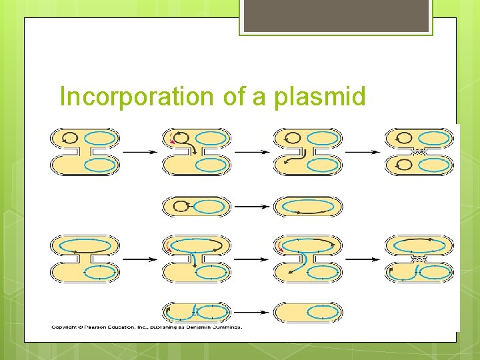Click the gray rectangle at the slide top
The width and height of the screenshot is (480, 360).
pyautogui.click(x=335, y=16)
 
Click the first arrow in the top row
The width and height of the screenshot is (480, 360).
pyautogui.click(x=140, y=152)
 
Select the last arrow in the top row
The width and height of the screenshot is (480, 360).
pyautogui.click(x=362, y=152)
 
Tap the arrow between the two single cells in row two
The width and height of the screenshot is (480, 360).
pyautogui.click(x=251, y=207)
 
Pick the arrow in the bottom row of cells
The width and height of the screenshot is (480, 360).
pyautogui.click(x=251, y=312)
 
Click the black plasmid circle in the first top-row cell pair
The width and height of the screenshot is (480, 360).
pyautogui.click(x=69, y=139)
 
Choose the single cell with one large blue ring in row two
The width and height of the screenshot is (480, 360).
pyautogui.click(x=307, y=207)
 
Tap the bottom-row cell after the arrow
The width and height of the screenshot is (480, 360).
pyautogui.click(x=307, y=312)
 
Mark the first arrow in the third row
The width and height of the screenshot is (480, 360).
pyautogui.click(x=140, y=259)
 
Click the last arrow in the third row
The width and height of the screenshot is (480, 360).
pyautogui.click(x=362, y=259)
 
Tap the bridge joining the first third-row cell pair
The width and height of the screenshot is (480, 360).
pyautogui.click(x=85, y=259)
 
